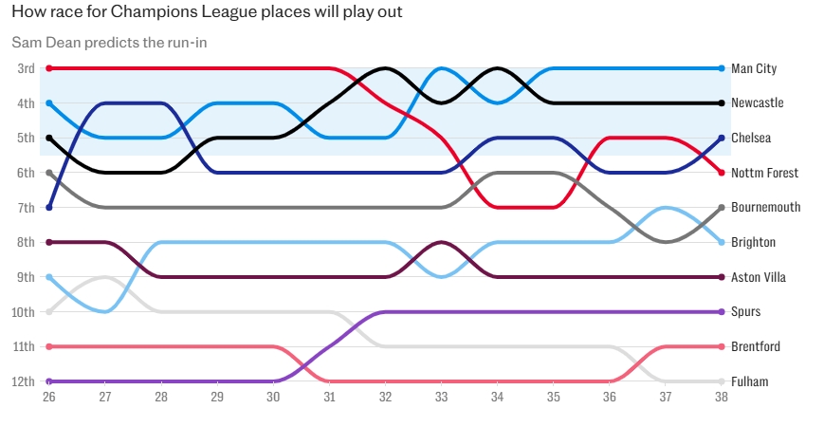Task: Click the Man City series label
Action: point(754,69)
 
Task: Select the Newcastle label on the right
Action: point(757,103)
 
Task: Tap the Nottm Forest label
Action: point(764,173)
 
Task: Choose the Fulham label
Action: point(749,381)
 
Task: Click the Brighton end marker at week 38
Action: point(722,242)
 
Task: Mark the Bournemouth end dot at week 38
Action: point(722,207)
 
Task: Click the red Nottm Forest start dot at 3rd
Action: point(48,68)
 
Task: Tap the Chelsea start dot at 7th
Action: point(48,207)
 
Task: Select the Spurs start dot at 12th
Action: point(48,381)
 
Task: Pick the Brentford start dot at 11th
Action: point(48,346)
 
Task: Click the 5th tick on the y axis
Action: point(27,138)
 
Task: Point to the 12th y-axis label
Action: point(25,381)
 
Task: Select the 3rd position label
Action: point(27,68)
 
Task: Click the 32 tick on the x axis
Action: point(385,399)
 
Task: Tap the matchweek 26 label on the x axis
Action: point(48,399)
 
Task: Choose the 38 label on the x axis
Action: point(722,399)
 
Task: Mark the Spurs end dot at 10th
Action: point(722,311)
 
